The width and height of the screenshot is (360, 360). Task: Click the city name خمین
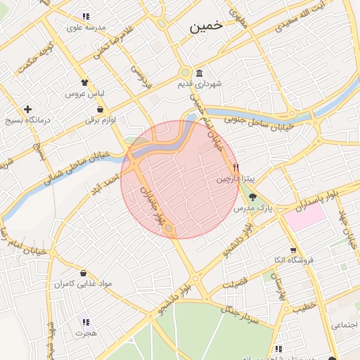(x=205, y=25)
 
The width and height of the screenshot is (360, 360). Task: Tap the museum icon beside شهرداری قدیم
(x=200, y=74)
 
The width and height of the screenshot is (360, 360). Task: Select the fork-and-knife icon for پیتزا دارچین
(x=236, y=168)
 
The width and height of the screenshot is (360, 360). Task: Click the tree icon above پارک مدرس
(x=253, y=197)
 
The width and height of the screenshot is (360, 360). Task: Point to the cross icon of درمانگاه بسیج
(x=27, y=109)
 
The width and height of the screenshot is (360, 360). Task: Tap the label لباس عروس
(x=84, y=94)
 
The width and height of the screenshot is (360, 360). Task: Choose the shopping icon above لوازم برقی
(x=101, y=109)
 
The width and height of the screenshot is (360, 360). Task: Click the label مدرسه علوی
(x=86, y=27)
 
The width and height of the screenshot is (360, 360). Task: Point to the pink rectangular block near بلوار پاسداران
(x=305, y=216)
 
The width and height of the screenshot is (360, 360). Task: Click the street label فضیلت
(x=235, y=283)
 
